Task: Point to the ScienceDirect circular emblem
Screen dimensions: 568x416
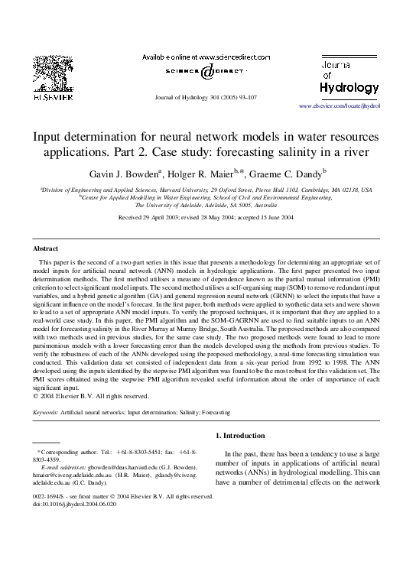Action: (x=207, y=73)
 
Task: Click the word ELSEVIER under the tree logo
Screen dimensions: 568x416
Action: (x=50, y=98)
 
